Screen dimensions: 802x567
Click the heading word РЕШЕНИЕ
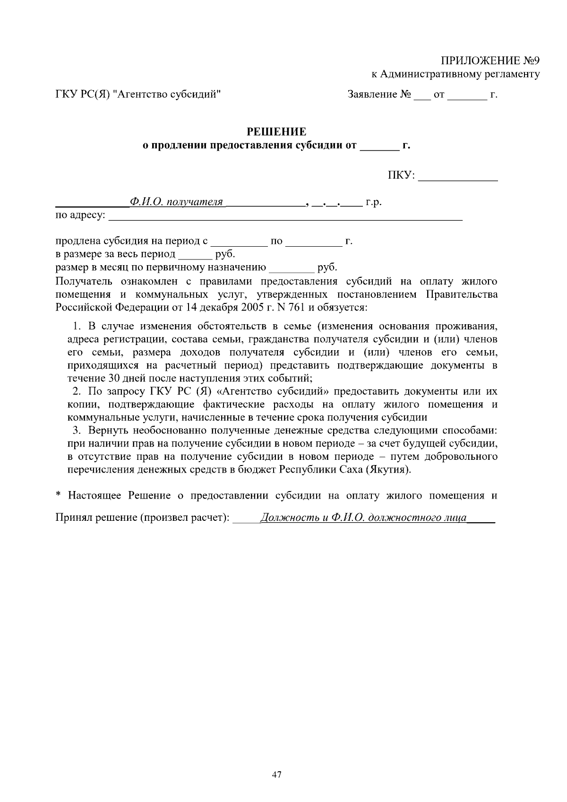click(x=277, y=131)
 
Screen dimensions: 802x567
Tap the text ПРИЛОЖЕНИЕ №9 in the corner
click(x=490, y=61)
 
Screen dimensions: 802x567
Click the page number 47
click(x=277, y=775)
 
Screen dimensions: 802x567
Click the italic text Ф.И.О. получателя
click(x=176, y=202)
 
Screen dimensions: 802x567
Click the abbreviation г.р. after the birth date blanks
click(x=374, y=202)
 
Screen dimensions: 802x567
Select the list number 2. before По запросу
click(x=77, y=391)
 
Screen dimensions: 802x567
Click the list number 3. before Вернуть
click(x=77, y=431)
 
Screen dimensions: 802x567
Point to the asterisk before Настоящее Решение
click(x=59, y=496)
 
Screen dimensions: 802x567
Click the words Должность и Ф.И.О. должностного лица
click(x=364, y=518)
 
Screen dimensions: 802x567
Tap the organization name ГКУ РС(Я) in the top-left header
click(x=82, y=95)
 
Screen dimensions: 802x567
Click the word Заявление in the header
click(x=372, y=95)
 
